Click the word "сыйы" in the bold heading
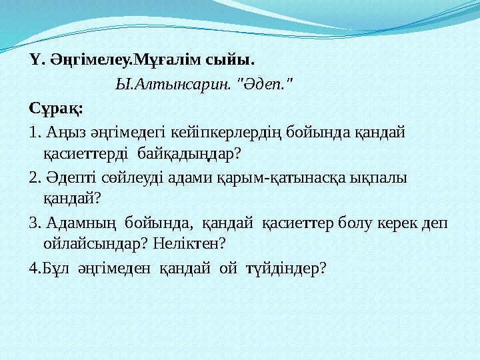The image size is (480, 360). tap(229, 60)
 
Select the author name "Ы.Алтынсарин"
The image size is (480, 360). tap(173, 84)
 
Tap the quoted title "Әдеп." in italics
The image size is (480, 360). tap(265, 84)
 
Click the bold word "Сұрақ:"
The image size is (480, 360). tap(56, 109)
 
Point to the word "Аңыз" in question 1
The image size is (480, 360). tap(66, 133)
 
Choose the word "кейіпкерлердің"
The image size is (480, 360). tap(225, 133)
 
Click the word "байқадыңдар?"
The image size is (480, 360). tap(189, 154)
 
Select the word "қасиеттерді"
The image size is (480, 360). tap(86, 153)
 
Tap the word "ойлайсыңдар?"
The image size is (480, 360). tap(96, 244)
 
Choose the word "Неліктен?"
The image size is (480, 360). tap(189, 244)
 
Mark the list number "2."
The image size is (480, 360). tap(35, 178)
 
